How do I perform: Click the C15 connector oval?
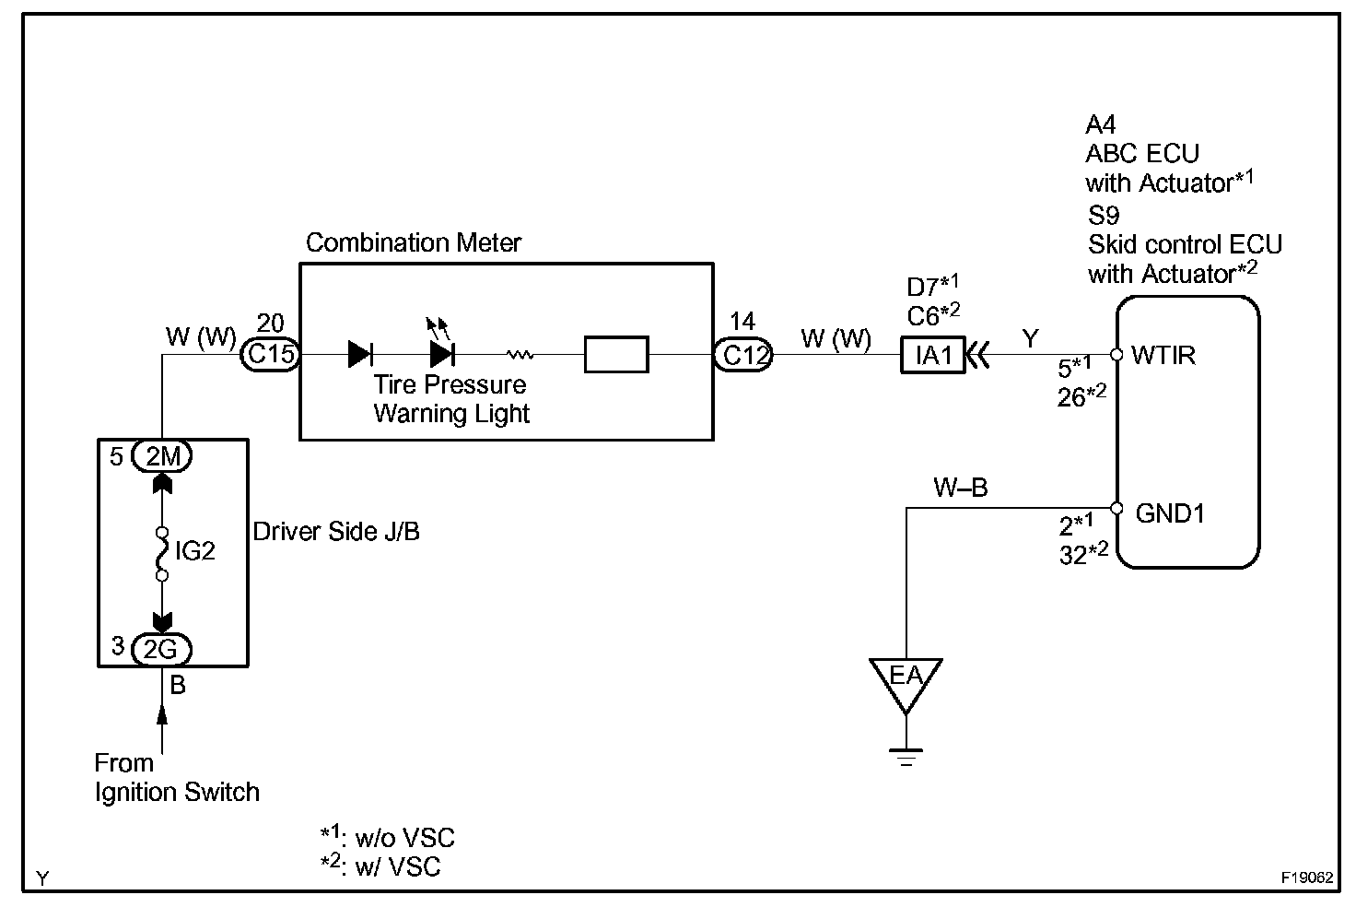point(270,355)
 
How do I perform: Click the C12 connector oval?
point(743,355)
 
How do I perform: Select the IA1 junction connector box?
point(932,355)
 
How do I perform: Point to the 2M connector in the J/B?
point(161,456)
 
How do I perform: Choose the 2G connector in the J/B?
point(161,649)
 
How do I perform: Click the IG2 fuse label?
point(194,551)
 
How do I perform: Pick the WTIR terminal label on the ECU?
point(1163,355)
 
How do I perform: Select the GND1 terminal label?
point(1169,512)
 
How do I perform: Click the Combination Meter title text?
point(414,242)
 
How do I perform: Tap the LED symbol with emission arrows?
point(442,351)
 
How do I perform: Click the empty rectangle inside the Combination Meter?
point(616,355)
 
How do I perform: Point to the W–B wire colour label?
point(961,488)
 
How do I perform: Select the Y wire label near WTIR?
point(1030,339)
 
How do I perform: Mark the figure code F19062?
point(1306,878)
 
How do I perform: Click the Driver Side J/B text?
point(336,532)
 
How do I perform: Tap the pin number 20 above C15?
point(270,323)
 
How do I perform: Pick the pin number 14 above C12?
point(742,322)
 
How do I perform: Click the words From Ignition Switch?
point(177,777)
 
